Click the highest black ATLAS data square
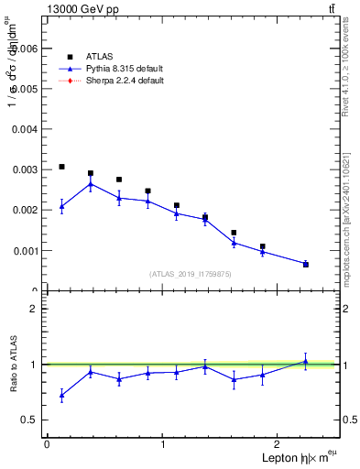61,167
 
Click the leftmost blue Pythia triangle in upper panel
61,206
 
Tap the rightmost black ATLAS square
306,264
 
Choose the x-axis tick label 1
163,444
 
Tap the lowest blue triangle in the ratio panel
61,396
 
